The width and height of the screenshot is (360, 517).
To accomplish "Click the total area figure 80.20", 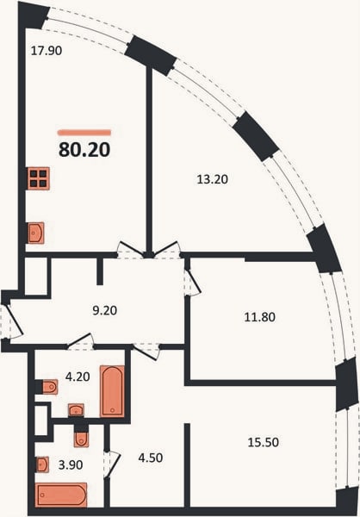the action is tap(84, 150).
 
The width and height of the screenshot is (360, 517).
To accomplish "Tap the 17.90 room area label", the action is tap(47, 51).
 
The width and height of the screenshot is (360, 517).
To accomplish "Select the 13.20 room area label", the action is tap(213, 179).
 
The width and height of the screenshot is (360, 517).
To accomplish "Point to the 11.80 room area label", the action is tap(260, 317).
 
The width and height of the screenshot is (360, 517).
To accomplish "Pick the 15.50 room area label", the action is tap(263, 442).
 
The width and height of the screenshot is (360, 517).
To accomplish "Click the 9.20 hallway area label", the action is tap(105, 310).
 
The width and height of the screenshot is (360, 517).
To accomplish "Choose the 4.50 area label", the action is tap(151, 458).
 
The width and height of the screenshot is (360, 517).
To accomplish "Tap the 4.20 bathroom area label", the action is tap(78, 377).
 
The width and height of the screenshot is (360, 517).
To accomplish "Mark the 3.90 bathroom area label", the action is tap(71, 465).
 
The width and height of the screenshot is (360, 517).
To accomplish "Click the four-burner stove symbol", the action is tap(38, 178).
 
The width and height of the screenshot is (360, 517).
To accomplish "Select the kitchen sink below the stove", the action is tap(36, 234).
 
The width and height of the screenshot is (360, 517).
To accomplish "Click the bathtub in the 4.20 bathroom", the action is tap(112, 391).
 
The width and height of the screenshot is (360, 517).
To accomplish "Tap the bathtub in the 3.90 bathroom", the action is tap(61, 495).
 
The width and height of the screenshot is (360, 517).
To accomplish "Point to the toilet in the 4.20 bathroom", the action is tap(50, 387).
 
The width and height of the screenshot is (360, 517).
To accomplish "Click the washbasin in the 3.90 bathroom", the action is tap(42, 464).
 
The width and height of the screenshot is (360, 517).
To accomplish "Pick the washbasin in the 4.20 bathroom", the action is tap(76, 410).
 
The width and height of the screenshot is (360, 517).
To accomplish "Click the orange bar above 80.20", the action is tap(84, 133).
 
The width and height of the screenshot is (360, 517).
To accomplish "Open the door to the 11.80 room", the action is tap(192, 283).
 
